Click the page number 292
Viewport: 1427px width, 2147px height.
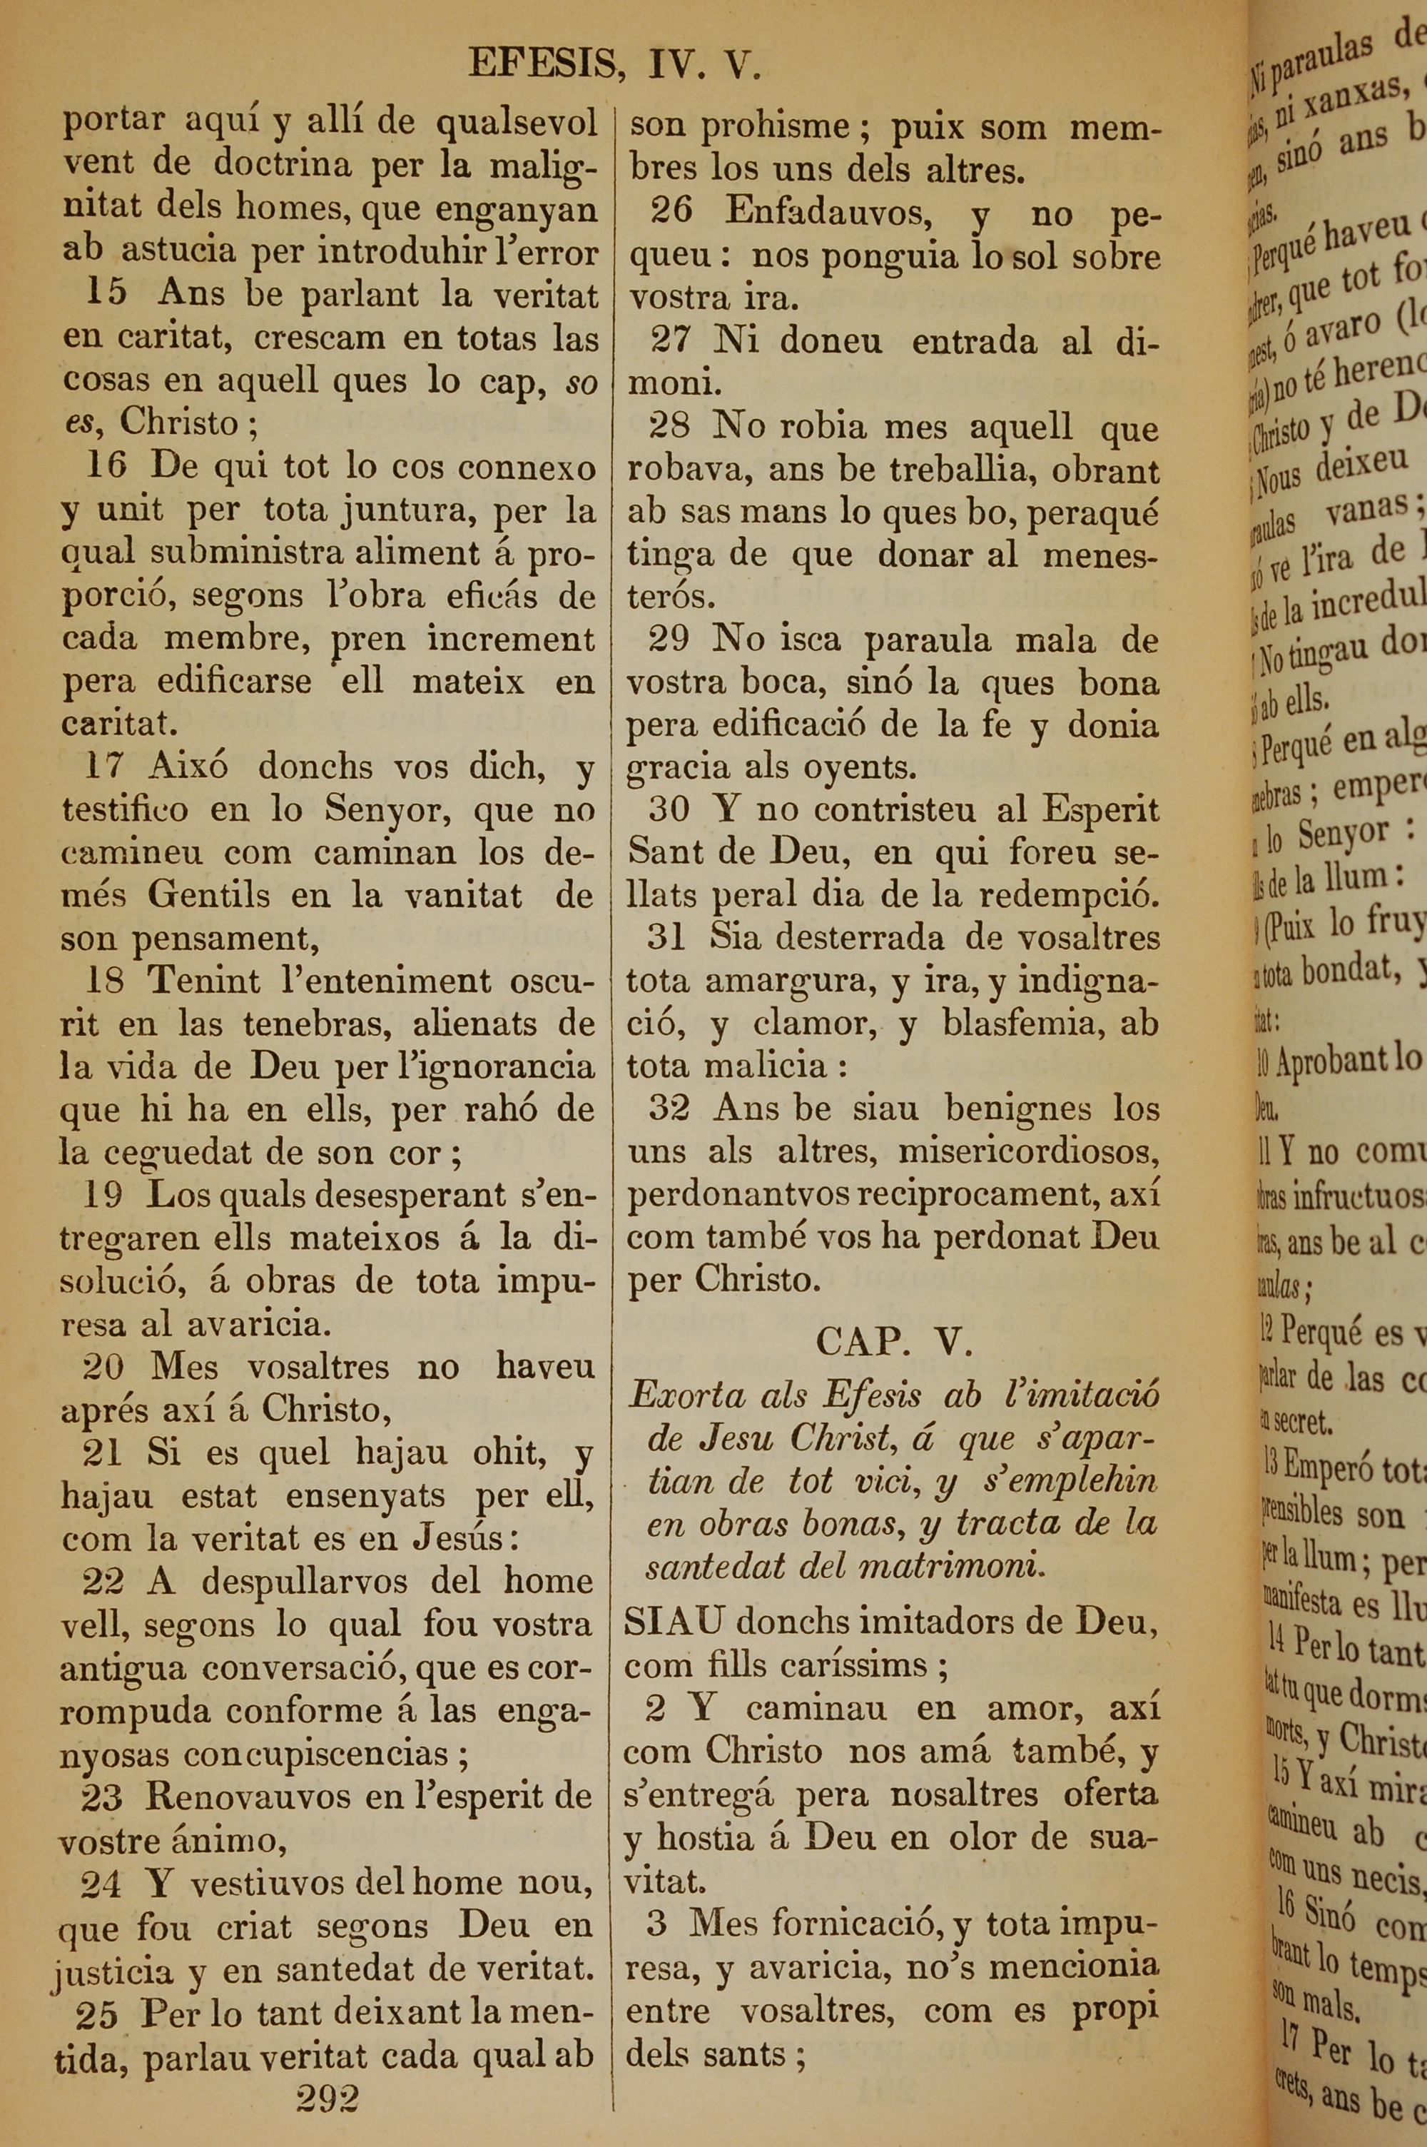[x=327, y=2098]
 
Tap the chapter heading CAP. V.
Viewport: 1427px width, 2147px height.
[x=895, y=1340]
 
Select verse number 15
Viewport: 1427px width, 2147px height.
[x=106, y=294]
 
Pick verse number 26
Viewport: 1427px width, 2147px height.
[x=671, y=212]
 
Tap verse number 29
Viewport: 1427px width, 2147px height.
[x=670, y=639]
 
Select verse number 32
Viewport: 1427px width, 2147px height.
[x=669, y=1108]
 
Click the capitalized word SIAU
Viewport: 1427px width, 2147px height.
[x=674, y=1621]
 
